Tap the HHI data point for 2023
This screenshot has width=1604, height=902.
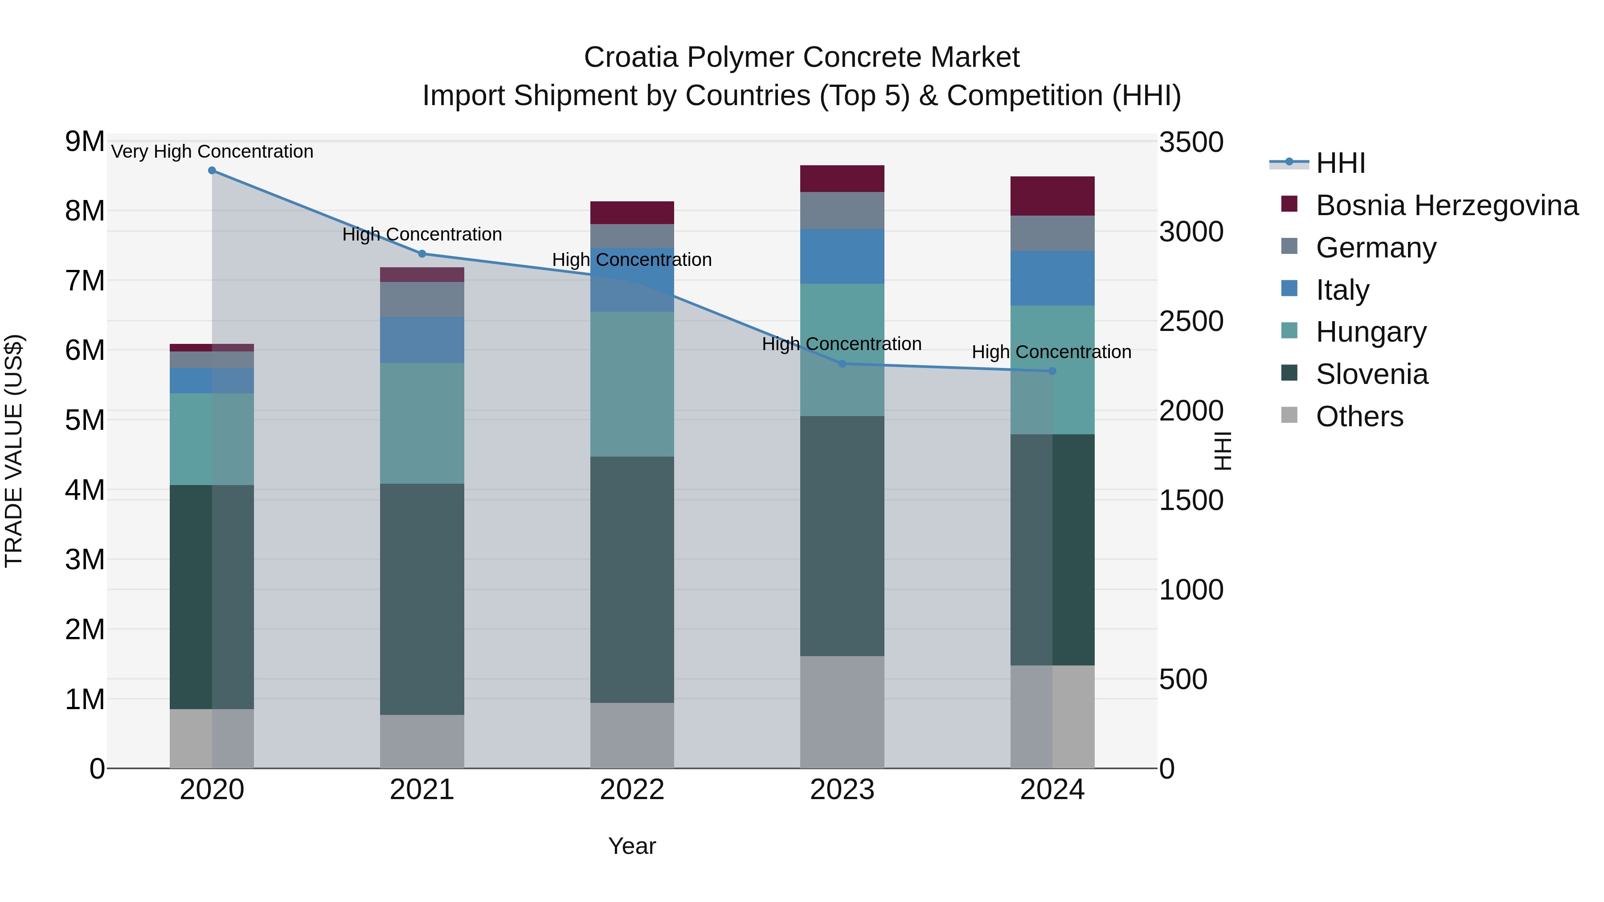843,363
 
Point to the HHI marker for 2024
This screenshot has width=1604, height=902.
1052,371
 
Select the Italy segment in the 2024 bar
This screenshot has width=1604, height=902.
1052,278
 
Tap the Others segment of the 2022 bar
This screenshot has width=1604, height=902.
632,735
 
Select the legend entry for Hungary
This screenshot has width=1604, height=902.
1371,332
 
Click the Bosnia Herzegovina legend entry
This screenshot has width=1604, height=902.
1446,205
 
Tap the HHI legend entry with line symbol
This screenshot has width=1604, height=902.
1341,163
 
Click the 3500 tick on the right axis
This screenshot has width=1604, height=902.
1191,143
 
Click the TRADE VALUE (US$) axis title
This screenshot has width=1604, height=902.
14,451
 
